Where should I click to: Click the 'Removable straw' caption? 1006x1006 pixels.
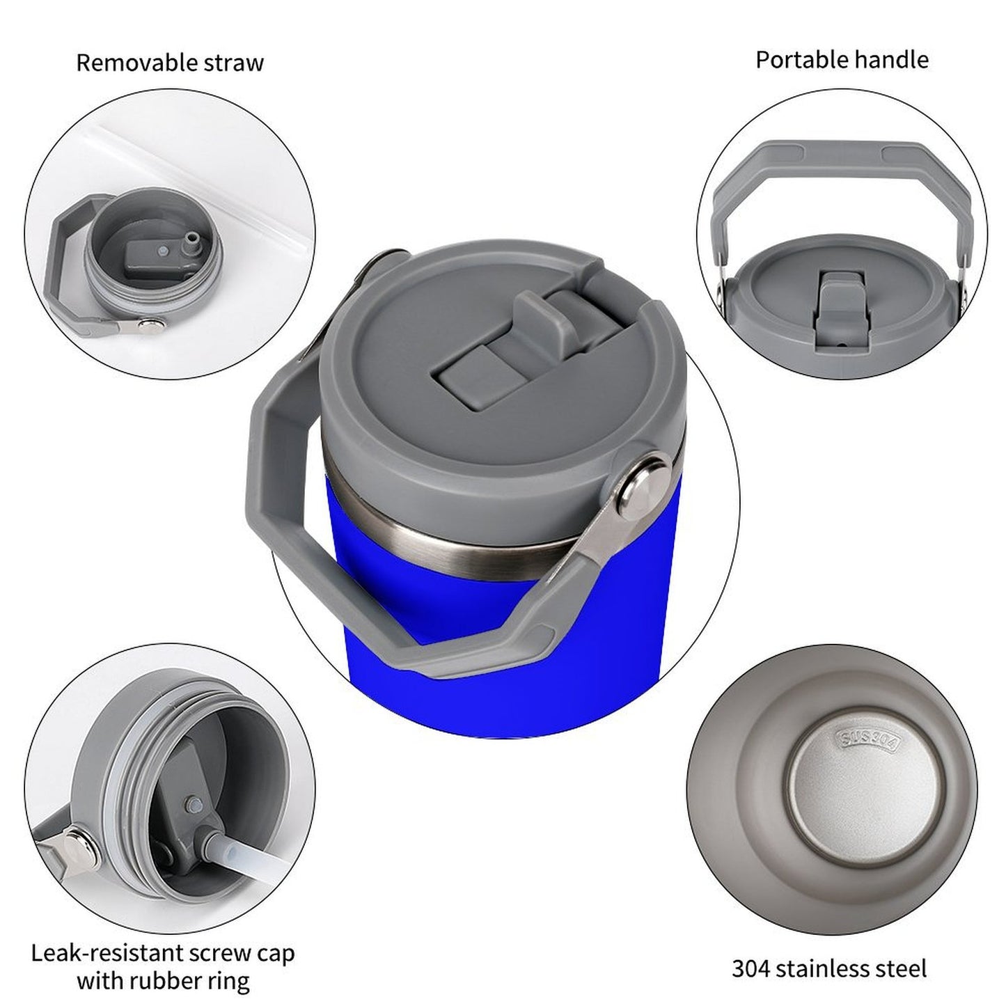tap(170, 63)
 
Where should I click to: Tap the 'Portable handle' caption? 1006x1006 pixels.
tap(842, 60)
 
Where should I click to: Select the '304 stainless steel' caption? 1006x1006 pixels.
tap(829, 968)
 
